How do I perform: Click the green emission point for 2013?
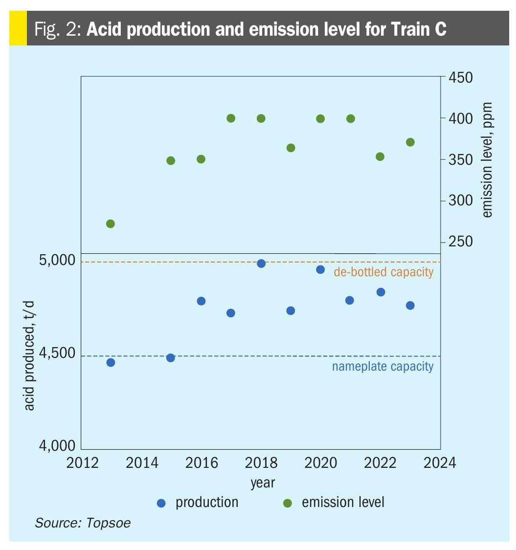click(111, 223)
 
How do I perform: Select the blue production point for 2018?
click(261, 264)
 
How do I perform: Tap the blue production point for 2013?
click(111, 362)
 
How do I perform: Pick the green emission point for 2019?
click(291, 148)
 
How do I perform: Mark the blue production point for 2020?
click(320, 269)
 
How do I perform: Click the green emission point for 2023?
click(410, 142)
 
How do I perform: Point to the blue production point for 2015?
click(171, 357)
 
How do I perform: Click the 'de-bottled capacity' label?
click(383, 272)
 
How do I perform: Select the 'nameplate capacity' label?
click(382, 366)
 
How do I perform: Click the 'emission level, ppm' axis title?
click(487, 160)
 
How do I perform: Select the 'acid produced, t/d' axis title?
click(29, 356)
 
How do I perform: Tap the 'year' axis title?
click(263, 483)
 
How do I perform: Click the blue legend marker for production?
click(161, 503)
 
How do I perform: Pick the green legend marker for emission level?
click(288, 503)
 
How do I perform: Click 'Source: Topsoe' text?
click(83, 523)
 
